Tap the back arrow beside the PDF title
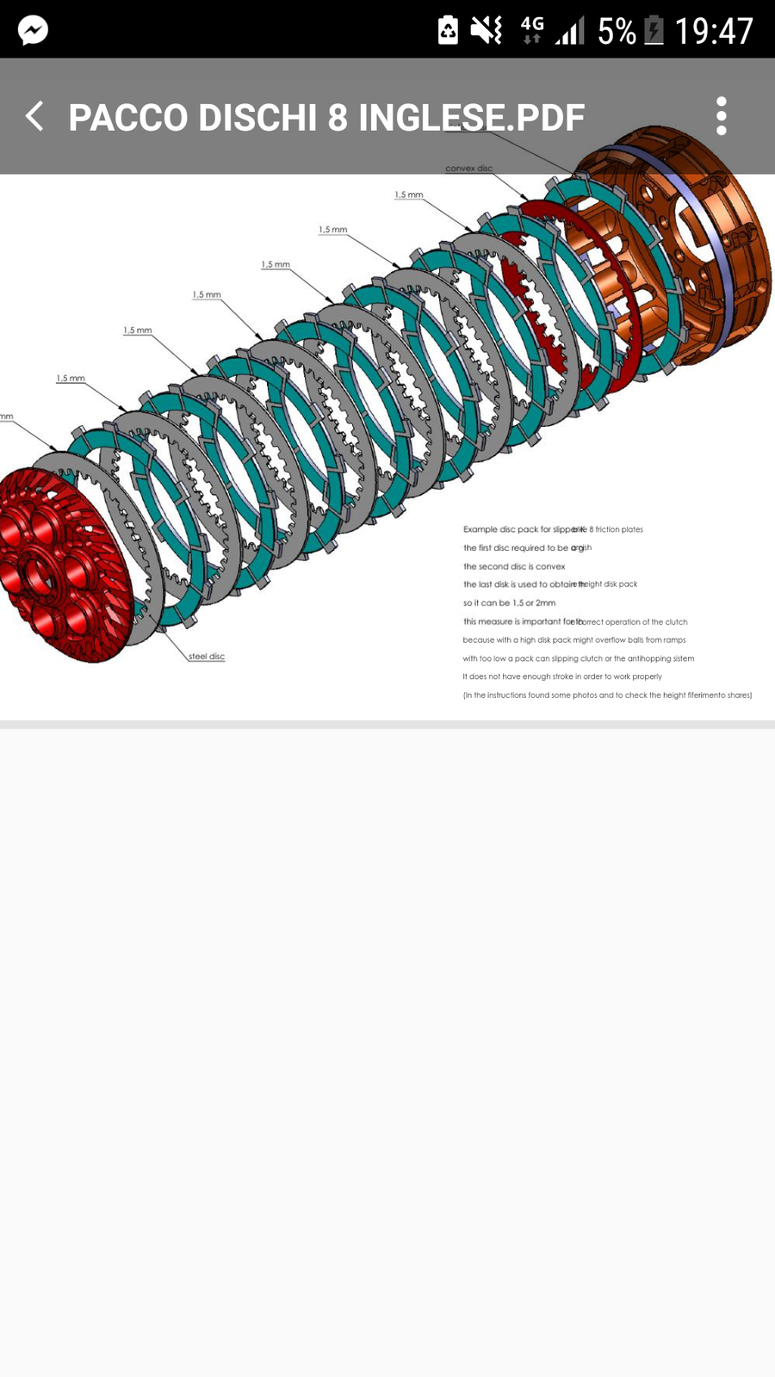[34, 116]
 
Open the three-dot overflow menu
[722, 116]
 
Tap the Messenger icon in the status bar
[33, 30]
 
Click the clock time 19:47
[714, 32]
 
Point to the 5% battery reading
[617, 32]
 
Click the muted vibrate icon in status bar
[487, 30]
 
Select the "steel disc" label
[207, 657]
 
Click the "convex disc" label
[468, 169]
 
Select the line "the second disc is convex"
[514, 566]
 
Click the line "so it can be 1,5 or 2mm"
[509, 602]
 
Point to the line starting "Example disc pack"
[553, 529]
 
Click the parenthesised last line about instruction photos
[607, 695]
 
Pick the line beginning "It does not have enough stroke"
[562, 676]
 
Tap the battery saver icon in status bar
[448, 30]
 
